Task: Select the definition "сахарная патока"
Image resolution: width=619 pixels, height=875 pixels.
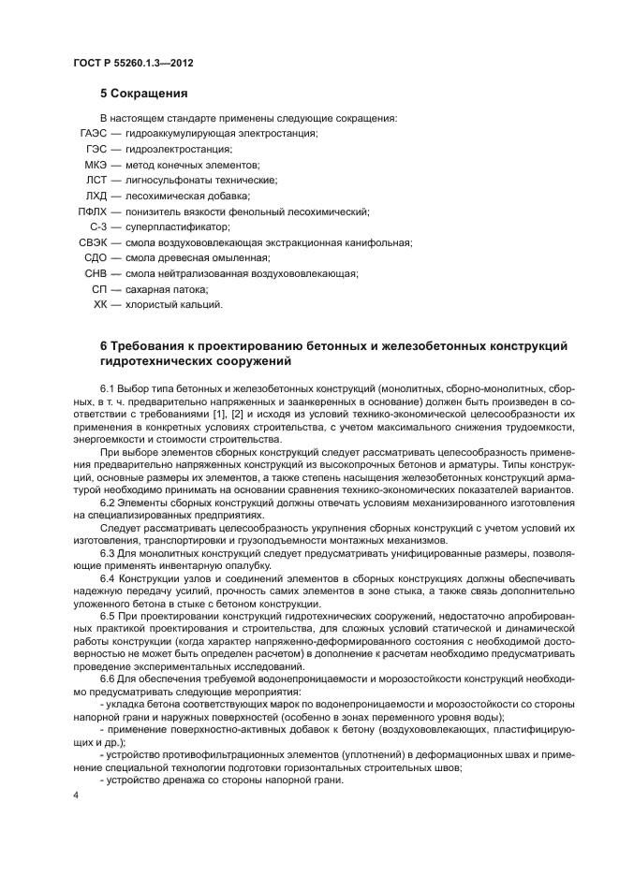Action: pos(159,289)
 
